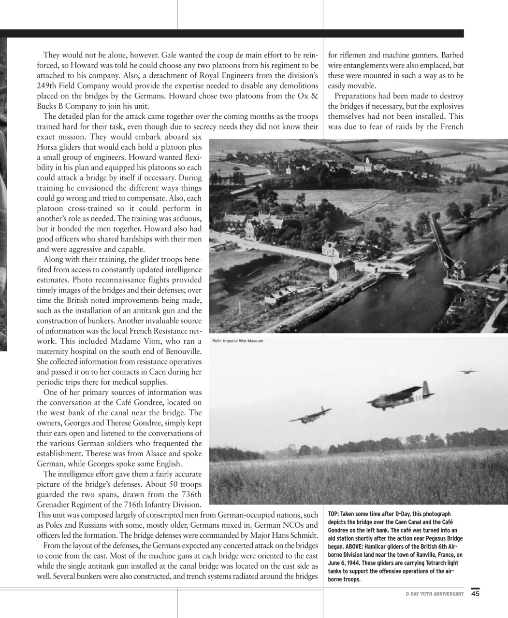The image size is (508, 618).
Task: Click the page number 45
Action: click(x=476, y=593)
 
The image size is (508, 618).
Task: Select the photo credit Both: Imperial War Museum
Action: click(x=238, y=341)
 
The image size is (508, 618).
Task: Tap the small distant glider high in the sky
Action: click(x=467, y=371)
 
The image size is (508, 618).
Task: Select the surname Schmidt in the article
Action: click(x=304, y=535)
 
